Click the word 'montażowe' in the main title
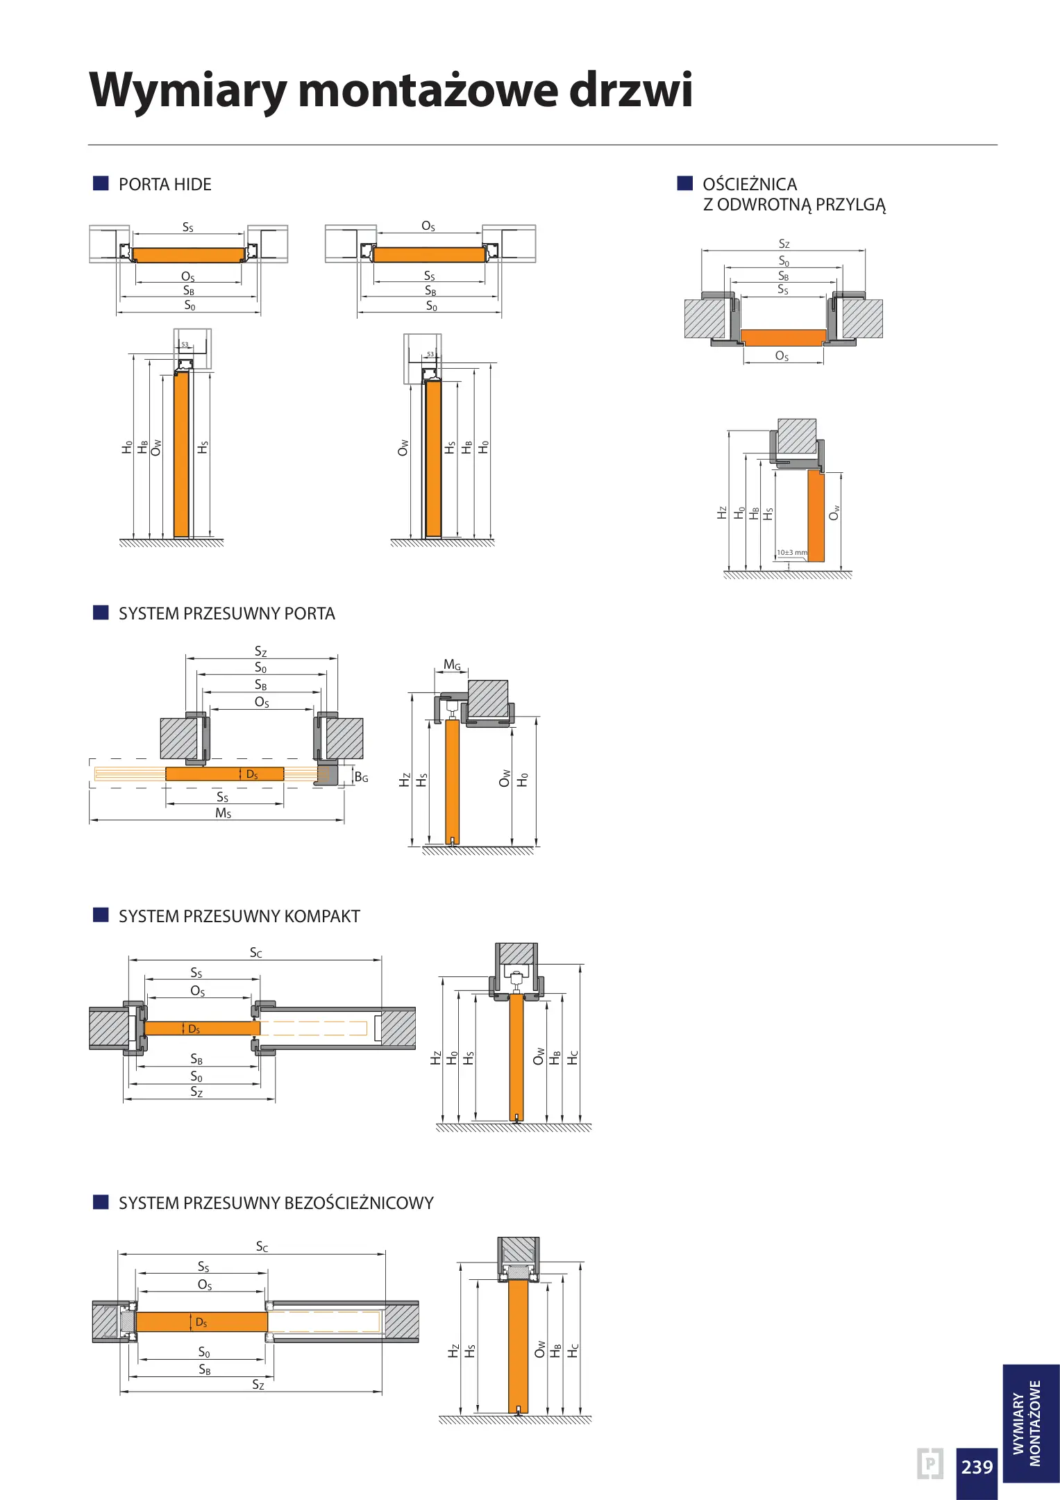[428, 90]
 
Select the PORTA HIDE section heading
[165, 185]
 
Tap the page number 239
[977, 1466]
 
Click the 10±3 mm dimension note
[791, 553]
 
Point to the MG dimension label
[452, 665]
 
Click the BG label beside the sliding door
[361, 777]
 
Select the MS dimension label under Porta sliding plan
[223, 813]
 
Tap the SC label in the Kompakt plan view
[255, 953]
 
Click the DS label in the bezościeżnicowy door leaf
[201, 1322]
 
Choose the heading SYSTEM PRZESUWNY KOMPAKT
[239, 917]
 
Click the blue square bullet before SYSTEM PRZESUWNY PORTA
[101, 612]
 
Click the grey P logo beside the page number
[929, 1464]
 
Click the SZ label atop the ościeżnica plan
[784, 244]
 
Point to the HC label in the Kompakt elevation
[573, 1058]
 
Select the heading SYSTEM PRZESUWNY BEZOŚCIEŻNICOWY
[276, 1203]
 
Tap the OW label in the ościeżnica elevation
[834, 512]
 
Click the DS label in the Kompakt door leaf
[194, 1029]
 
